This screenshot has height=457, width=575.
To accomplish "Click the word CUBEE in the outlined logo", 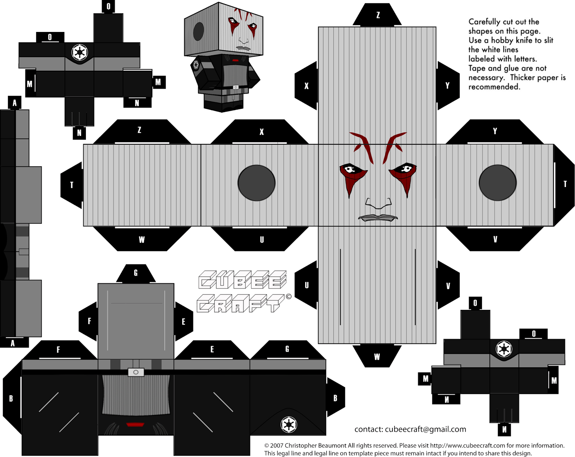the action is click(x=243, y=280).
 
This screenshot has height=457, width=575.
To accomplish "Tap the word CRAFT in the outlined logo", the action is click(x=240, y=303).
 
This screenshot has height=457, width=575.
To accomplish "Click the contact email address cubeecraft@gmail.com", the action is click(x=425, y=429).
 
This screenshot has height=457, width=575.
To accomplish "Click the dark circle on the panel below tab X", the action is click(x=256, y=183).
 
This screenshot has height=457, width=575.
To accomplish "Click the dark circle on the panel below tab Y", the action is click(x=497, y=183).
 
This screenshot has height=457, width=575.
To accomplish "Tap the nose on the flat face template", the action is click(x=378, y=204).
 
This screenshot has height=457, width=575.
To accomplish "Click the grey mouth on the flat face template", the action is click(x=378, y=218).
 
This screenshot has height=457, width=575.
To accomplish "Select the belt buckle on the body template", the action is click(x=136, y=372).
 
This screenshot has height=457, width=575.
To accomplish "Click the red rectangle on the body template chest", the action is click(x=135, y=425).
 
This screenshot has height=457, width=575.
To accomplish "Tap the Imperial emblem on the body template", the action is click(x=289, y=425).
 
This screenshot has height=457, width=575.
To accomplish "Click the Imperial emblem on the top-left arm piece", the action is click(x=79, y=52).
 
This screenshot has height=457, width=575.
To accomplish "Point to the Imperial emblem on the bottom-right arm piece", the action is click(x=504, y=349).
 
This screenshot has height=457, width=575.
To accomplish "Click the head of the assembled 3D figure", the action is click(x=224, y=31).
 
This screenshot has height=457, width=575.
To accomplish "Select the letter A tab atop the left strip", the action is click(x=14, y=103).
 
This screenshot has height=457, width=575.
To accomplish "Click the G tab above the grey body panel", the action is click(x=135, y=274).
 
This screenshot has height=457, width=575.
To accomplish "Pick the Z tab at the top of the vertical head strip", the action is click(x=378, y=15).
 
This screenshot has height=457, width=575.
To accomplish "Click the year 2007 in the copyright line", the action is click(x=276, y=446).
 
